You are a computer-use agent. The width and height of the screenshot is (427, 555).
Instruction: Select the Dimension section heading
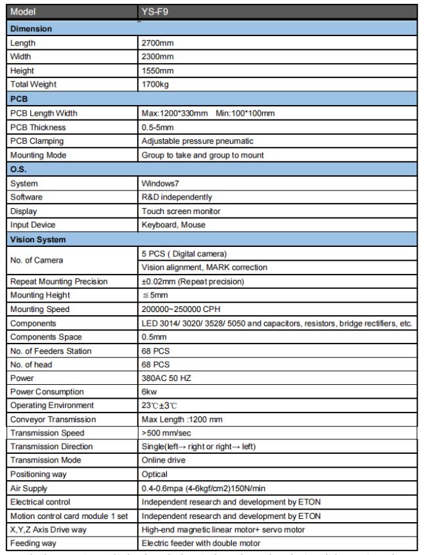click(32, 29)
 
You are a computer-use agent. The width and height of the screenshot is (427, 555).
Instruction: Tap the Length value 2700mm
click(158, 43)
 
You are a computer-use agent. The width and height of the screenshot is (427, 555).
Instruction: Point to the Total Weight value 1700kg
click(156, 84)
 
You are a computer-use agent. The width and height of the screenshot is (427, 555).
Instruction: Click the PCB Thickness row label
click(38, 127)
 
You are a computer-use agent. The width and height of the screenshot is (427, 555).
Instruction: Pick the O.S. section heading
click(19, 169)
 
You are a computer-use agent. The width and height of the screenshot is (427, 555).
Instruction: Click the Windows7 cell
click(160, 183)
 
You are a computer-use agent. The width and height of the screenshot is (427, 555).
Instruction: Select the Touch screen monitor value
click(181, 211)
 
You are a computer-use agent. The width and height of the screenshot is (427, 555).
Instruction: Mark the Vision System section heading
click(37, 240)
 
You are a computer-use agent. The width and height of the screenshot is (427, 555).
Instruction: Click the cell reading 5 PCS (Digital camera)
click(185, 254)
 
